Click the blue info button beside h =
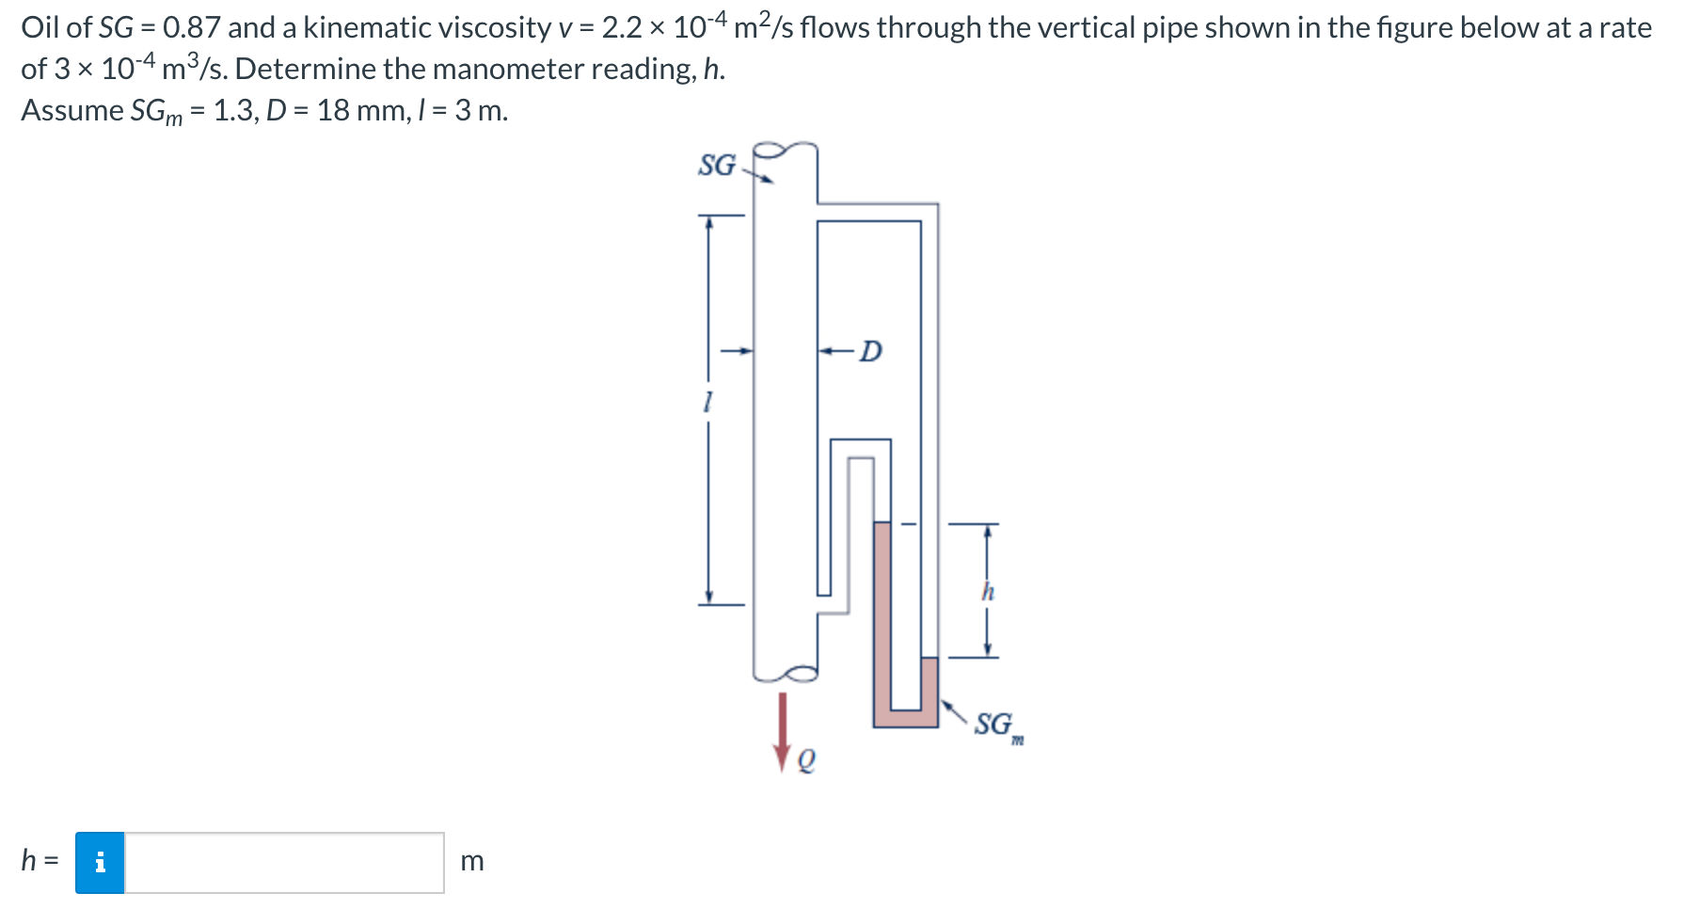(100, 862)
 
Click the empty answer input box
(284, 862)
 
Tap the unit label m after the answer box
(471, 861)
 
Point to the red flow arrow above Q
(782, 732)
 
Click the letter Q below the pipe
(805, 759)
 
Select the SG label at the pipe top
(717, 165)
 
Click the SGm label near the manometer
(998, 726)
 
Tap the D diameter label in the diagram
(872, 351)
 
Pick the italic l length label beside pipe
(707, 403)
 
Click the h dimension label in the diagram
(987, 592)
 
